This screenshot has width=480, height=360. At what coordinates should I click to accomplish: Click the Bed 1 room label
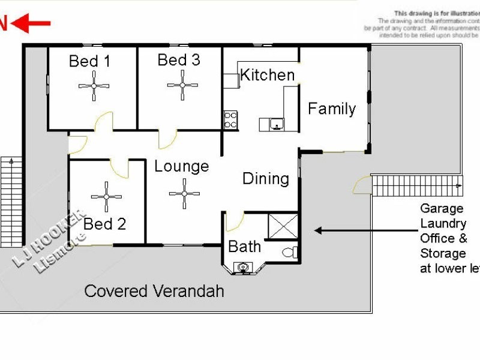[x=90, y=61]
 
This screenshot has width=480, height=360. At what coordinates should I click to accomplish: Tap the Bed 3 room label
[x=179, y=60]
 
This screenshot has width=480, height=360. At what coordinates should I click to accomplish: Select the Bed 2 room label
[x=105, y=224]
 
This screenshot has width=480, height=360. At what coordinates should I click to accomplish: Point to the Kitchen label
[x=268, y=75]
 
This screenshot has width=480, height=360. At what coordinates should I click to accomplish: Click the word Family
[x=332, y=109]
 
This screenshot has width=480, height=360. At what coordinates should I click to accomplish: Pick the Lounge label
[x=181, y=166]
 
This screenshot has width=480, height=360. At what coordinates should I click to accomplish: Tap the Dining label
[x=265, y=178]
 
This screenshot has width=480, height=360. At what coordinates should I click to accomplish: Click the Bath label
[x=245, y=247]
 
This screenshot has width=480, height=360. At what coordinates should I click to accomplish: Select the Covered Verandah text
[x=154, y=292]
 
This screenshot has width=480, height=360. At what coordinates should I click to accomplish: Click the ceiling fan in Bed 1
[x=94, y=86]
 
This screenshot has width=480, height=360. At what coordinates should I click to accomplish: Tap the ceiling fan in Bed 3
[x=183, y=85]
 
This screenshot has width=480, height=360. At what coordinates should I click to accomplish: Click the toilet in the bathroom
[x=289, y=253]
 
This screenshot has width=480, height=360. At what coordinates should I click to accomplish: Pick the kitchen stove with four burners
[x=230, y=119]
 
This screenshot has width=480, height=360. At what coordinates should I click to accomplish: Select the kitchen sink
[x=275, y=124]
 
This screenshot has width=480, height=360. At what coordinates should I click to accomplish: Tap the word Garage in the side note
[x=442, y=209]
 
